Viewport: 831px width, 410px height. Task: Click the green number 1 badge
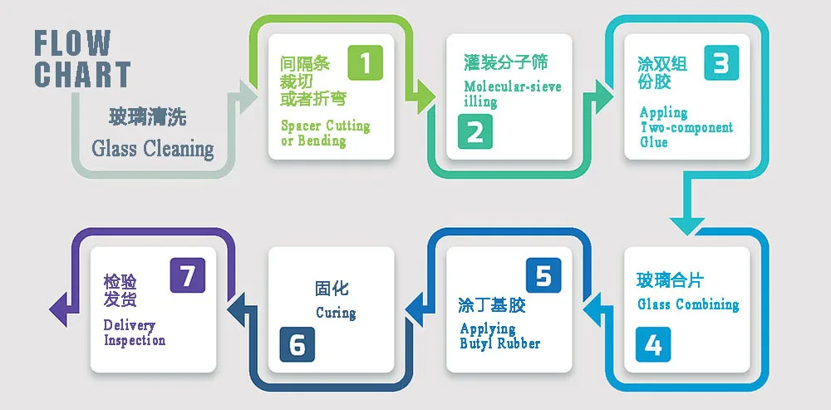(365, 62)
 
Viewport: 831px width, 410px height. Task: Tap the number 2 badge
(475, 133)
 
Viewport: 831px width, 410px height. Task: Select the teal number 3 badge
(720, 62)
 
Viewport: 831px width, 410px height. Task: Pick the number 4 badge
(653, 344)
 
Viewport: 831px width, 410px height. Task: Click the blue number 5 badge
(543, 275)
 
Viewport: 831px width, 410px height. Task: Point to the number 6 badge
(297, 344)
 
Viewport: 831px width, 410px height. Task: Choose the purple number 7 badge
(187, 275)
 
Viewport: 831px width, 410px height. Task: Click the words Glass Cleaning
(153, 149)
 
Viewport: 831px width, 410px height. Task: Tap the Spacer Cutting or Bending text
(325, 133)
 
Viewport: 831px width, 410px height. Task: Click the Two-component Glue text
(686, 127)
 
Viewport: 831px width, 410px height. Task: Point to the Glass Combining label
(688, 304)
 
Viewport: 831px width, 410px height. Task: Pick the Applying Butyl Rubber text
(499, 336)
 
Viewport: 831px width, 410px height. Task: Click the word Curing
(336, 313)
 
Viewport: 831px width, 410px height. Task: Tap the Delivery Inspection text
(134, 333)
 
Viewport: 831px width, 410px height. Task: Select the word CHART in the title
(82, 75)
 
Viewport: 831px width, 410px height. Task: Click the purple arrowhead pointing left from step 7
(59, 309)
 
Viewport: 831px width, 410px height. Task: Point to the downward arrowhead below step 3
(688, 225)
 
